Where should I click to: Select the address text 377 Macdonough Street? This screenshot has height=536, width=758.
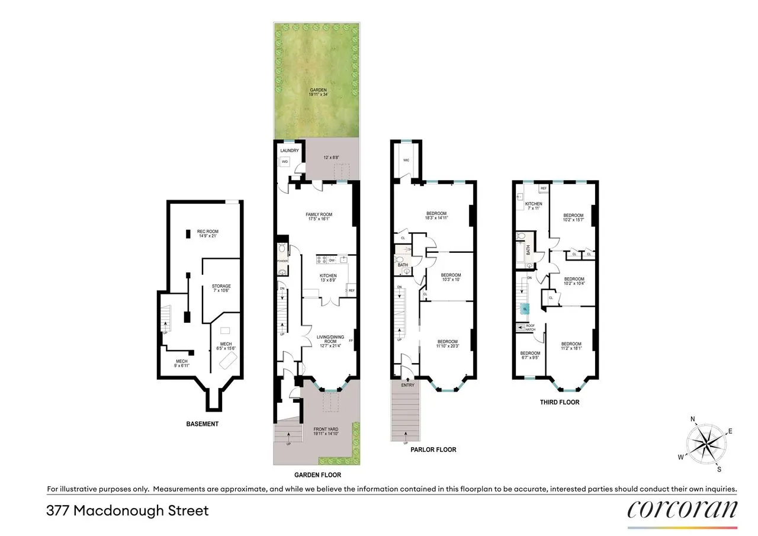128,511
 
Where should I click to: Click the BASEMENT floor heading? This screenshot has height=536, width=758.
202,424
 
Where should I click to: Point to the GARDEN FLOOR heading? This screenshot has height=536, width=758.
317,475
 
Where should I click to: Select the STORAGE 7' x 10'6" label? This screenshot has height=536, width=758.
221,289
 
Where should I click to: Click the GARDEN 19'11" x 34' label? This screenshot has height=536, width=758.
317,92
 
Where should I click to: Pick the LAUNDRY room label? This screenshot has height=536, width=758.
290,150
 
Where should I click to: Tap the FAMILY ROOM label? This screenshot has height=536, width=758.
319,217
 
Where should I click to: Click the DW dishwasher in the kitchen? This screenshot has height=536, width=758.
332,260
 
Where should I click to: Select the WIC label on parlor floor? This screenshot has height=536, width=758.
406,160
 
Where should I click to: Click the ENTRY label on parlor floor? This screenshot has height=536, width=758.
407,385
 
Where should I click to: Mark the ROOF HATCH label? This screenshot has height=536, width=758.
531,328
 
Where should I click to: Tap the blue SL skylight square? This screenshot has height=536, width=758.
525,309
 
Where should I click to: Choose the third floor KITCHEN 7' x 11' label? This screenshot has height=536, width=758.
534,206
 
